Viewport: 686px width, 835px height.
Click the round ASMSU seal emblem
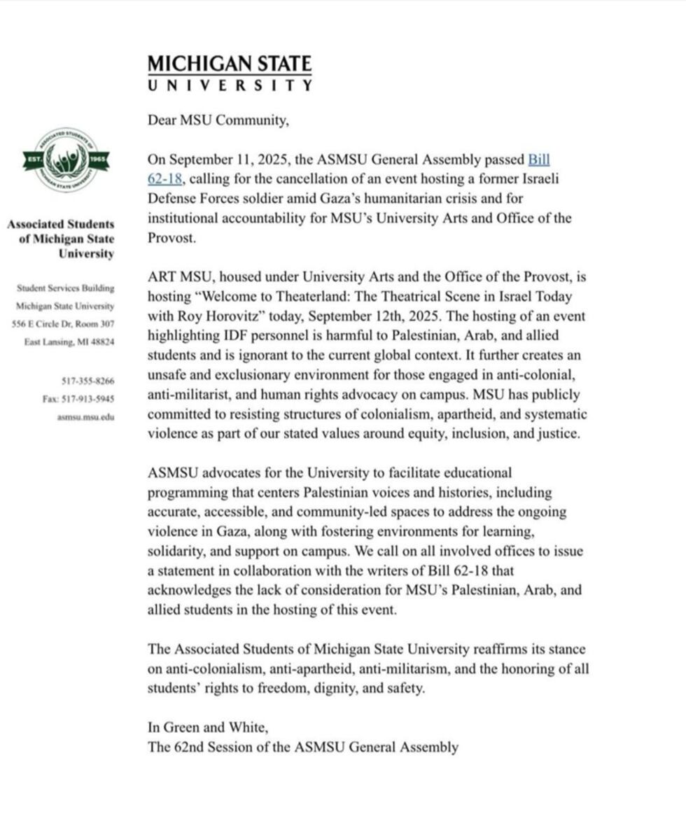66,160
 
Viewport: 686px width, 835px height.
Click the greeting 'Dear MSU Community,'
218,120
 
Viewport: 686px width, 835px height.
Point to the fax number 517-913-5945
78,399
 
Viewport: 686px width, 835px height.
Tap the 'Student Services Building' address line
66,288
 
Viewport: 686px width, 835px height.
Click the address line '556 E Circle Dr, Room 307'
62,324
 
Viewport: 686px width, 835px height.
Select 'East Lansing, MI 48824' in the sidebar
69,342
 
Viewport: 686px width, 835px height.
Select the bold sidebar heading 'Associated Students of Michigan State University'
61,239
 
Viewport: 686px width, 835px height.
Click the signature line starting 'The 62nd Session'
302,747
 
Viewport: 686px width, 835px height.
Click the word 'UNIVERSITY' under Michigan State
230,85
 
